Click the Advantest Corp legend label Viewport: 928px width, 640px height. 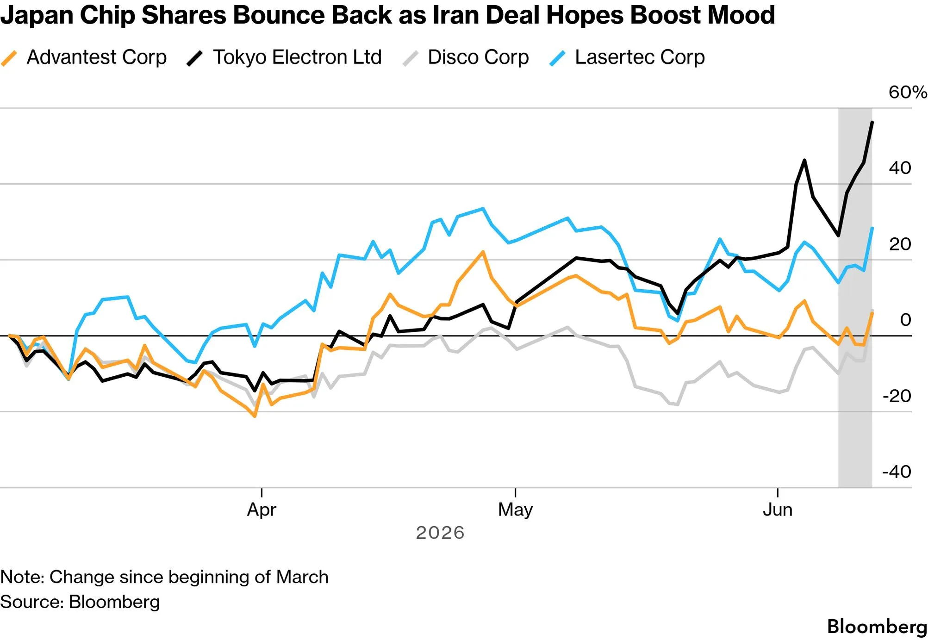[97, 57]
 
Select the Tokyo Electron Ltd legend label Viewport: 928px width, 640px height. [297, 57]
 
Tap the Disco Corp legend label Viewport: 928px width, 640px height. [478, 57]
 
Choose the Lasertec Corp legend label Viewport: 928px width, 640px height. [640, 57]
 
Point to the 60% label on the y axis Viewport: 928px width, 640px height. [908, 92]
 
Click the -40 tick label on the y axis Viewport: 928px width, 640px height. [897, 472]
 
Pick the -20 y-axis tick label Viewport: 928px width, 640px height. [897, 396]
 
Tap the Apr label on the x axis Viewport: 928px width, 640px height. [262, 510]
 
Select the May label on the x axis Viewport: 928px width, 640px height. [515, 510]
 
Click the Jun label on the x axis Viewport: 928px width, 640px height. [778, 510]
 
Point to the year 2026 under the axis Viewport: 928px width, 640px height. [440, 533]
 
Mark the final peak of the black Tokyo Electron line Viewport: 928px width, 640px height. [872, 122]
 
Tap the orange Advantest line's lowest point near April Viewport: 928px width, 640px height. [255, 416]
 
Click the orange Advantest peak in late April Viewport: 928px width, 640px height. [483, 252]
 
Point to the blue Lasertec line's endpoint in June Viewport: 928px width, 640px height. [872, 228]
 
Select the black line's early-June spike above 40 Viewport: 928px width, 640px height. [804, 161]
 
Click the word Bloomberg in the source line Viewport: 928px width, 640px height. [114, 602]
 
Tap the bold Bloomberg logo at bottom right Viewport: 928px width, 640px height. [877, 627]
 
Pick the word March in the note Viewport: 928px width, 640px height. [302, 577]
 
